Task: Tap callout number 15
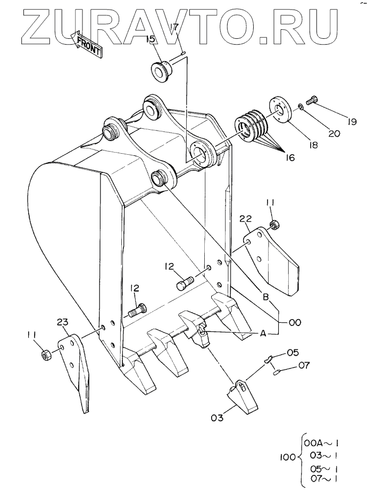click(151, 39)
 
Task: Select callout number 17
click(175, 28)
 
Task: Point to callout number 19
click(351, 122)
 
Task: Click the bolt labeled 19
click(312, 99)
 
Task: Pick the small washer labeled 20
click(301, 106)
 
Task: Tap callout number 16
click(290, 157)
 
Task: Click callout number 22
click(246, 219)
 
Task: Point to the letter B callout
click(266, 297)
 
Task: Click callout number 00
click(295, 323)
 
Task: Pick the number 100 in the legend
click(288, 457)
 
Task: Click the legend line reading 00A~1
click(321, 444)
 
